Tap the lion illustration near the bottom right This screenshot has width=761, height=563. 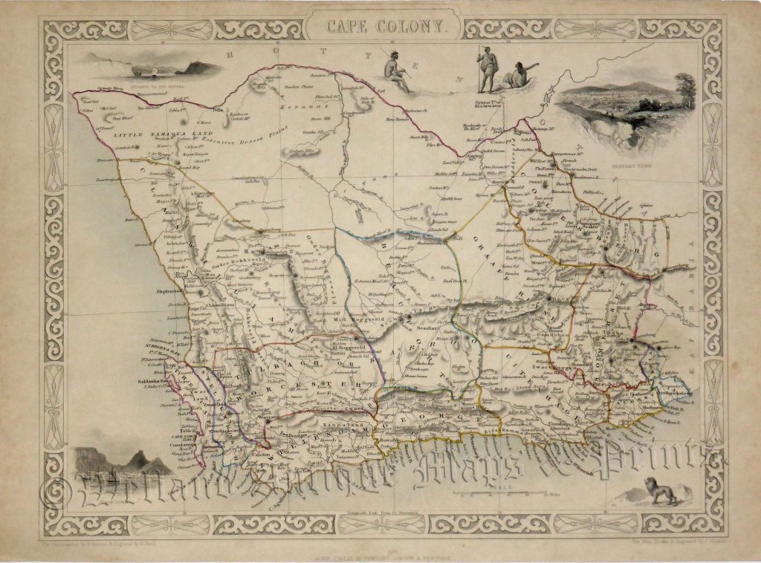point(661,491)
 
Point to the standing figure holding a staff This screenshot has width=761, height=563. point(486,68)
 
